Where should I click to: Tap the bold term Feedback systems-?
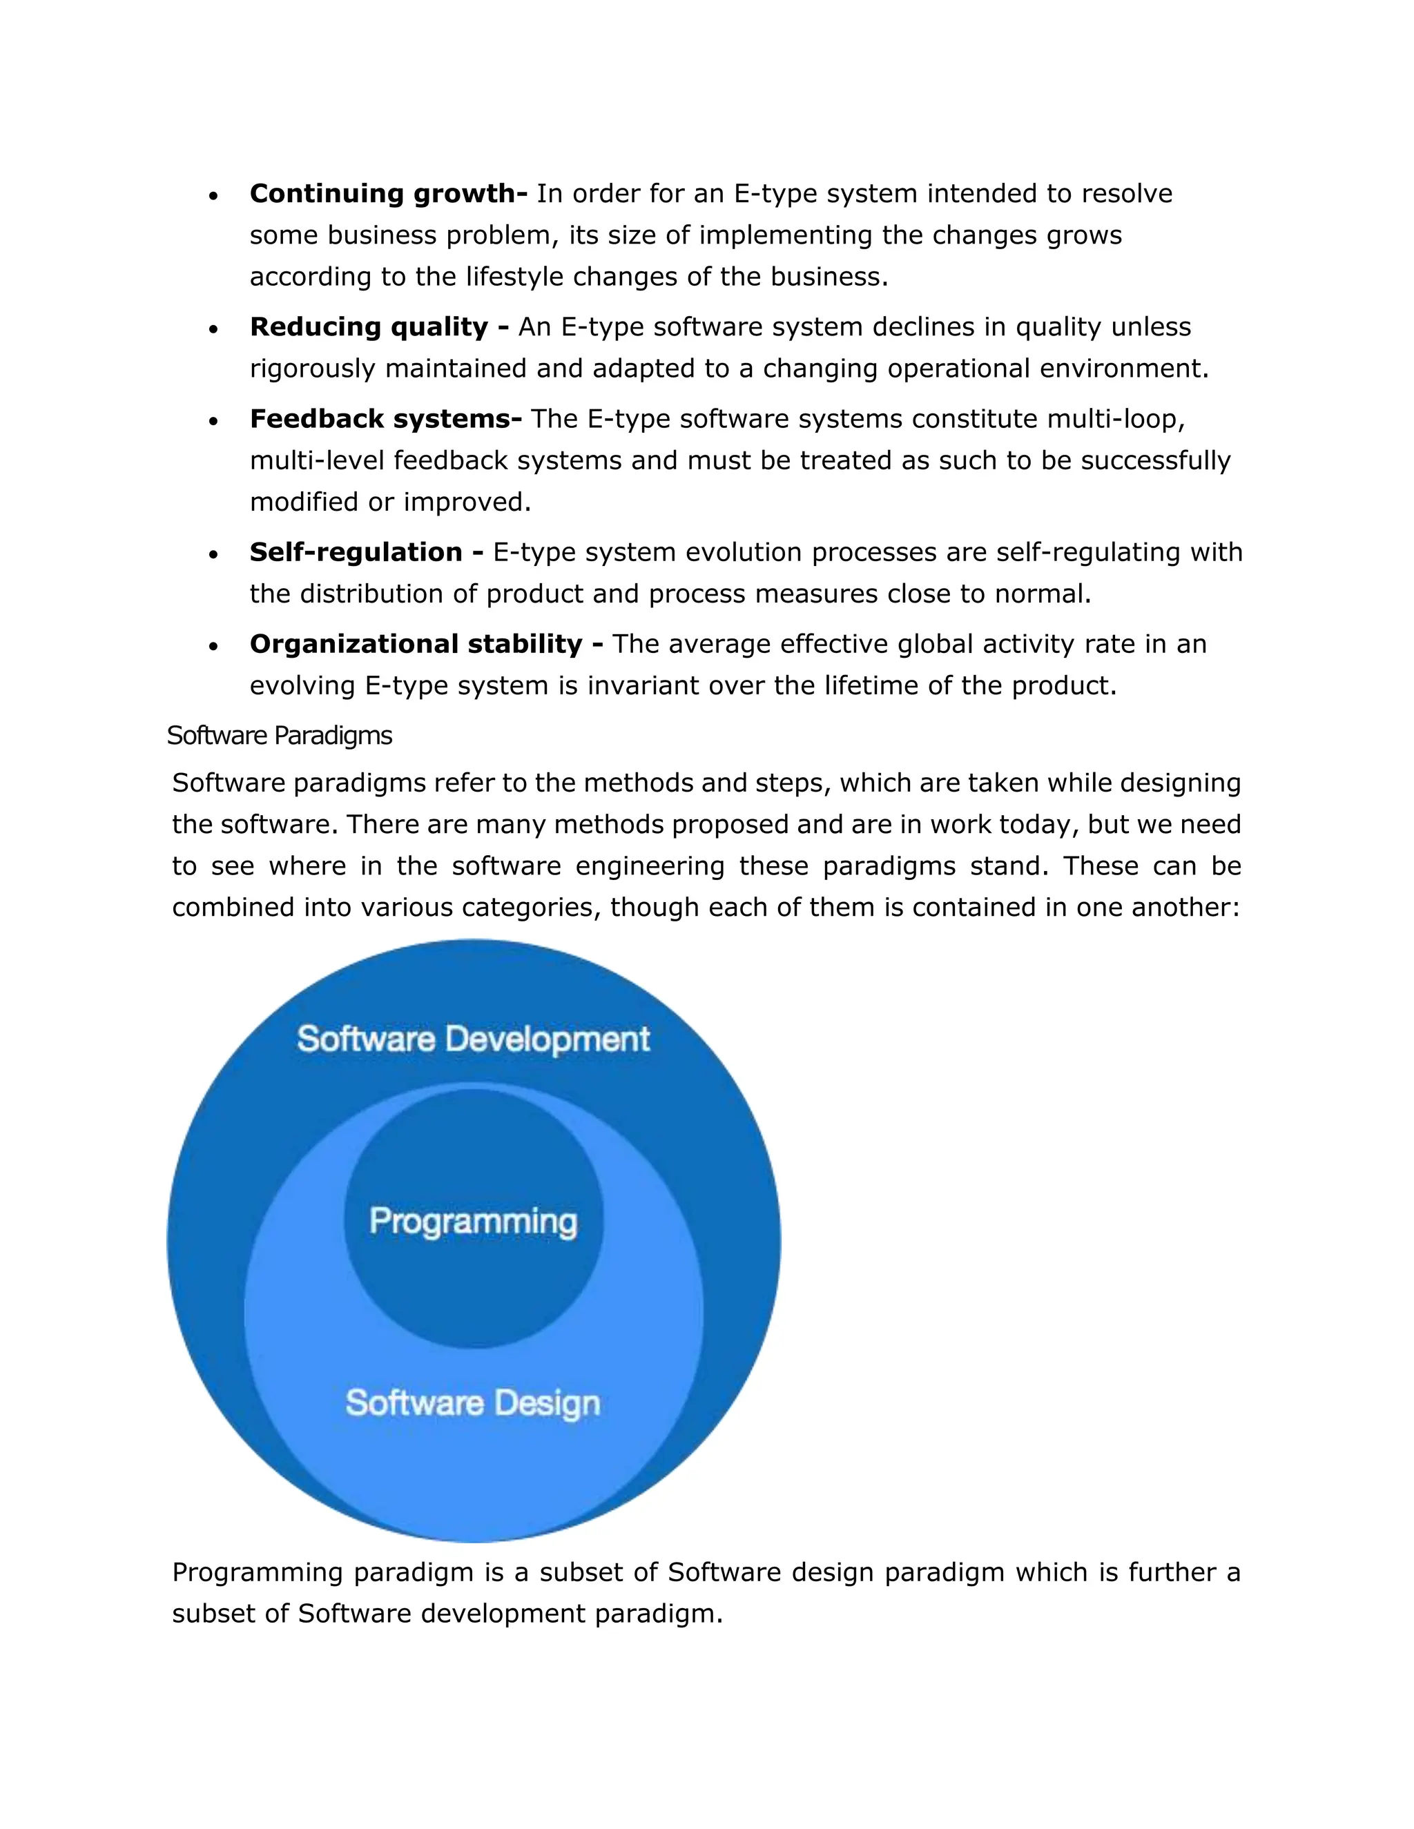(385, 420)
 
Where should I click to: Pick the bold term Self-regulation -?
(366, 553)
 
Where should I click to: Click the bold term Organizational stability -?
(427, 645)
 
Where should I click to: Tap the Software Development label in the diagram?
(473, 1039)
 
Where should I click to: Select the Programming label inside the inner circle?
(473, 1222)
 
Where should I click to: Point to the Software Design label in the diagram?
(473, 1402)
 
